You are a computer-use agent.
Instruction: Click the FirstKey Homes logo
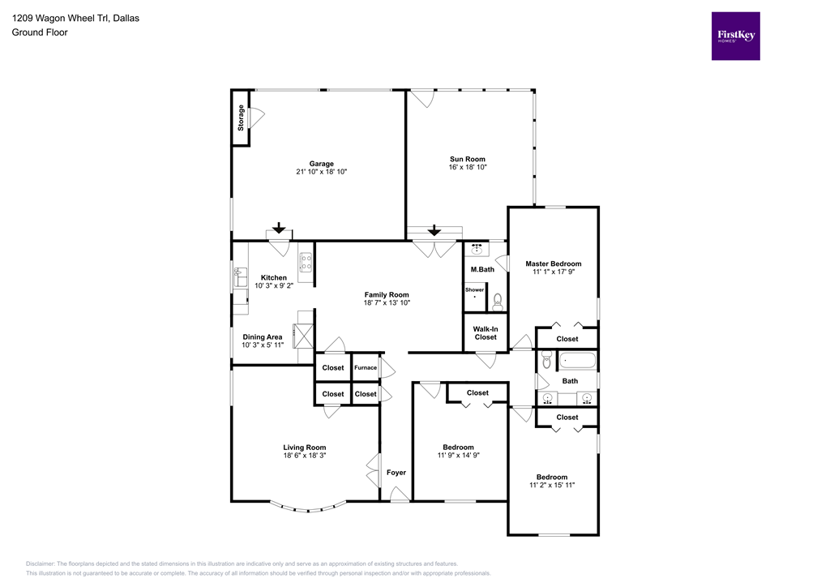tap(735, 36)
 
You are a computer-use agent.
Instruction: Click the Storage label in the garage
tap(241, 118)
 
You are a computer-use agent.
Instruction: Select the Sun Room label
tap(468, 159)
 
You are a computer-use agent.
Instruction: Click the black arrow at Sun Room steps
tap(433, 229)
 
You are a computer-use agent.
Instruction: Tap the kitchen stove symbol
tap(306, 261)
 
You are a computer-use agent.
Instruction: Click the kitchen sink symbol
tap(240, 276)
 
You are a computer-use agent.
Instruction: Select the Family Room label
tap(387, 295)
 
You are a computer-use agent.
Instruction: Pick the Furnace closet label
tap(366, 367)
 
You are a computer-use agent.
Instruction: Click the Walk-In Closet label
tap(486, 332)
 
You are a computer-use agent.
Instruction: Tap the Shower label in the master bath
tap(474, 289)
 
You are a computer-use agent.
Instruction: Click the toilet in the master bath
tap(497, 302)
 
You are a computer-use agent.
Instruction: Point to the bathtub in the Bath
tap(576, 361)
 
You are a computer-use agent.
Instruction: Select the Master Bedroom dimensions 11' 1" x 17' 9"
tap(553, 273)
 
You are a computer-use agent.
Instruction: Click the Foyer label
tap(396, 472)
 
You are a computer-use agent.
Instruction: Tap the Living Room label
tap(305, 447)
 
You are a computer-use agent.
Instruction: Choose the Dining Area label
tap(263, 336)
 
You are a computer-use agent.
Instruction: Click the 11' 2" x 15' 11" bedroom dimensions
tap(551, 486)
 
